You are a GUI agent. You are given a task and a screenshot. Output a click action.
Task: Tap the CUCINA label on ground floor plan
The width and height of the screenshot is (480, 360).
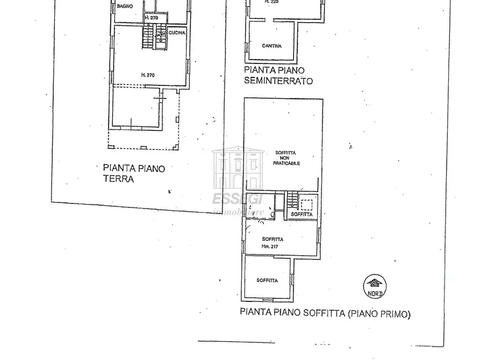coord(177,33)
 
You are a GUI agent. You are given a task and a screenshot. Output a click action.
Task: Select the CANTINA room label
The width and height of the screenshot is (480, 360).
coord(271,46)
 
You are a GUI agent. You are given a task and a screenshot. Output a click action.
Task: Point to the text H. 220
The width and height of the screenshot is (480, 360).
coord(272,2)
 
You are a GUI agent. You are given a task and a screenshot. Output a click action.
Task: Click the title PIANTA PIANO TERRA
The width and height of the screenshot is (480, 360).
coord(134,174)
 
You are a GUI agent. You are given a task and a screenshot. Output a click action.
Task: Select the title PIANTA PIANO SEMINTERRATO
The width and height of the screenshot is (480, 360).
coord(278,75)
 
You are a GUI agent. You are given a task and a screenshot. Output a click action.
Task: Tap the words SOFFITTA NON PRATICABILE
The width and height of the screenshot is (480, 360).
coord(286,158)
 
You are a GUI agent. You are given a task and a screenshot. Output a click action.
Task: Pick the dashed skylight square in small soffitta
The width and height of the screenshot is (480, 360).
coord(307,205)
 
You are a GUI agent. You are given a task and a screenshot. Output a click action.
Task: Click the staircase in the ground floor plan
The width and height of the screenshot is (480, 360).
coord(147,36)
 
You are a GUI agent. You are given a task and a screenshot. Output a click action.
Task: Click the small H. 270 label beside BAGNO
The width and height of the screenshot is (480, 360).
coord(151,18)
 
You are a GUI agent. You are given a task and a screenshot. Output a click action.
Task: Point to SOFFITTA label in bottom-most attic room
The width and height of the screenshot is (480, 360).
coord(267,280)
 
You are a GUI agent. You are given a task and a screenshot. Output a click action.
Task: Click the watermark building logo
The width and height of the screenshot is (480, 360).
coord(237,168)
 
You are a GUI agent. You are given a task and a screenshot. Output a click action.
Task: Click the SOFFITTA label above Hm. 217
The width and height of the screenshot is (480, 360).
coord(273,239)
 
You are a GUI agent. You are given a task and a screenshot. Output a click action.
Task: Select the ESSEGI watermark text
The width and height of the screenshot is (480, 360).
coord(237,199)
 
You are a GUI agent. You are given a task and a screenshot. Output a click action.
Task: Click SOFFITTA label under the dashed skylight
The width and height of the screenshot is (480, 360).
coord(302,214)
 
